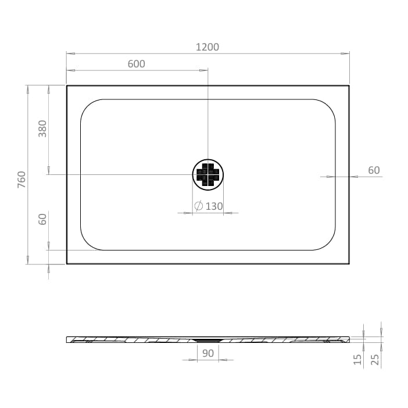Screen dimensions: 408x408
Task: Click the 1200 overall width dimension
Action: tap(207, 46)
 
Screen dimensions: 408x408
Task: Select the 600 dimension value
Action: tap(136, 64)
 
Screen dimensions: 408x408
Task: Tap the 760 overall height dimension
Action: tap(22, 179)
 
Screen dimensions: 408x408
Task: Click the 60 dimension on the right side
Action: tap(374, 170)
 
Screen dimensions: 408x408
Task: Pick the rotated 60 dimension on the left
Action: tap(42, 219)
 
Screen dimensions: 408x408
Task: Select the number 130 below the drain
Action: tap(214, 206)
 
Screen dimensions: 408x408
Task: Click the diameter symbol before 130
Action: tap(198, 206)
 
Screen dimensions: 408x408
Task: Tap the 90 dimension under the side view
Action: tap(207, 353)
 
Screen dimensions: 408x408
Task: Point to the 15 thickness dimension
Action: tap(358, 360)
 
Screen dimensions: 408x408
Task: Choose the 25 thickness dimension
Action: tap(375, 360)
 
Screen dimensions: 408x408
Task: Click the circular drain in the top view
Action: tap(207, 174)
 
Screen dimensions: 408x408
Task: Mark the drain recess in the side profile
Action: tap(207, 340)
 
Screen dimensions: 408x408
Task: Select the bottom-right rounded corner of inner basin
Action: tap(327, 242)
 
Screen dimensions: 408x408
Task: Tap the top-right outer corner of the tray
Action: tap(349, 86)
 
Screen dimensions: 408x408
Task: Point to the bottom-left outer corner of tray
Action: tap(67, 263)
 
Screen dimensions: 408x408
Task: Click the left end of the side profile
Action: tap(68, 339)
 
